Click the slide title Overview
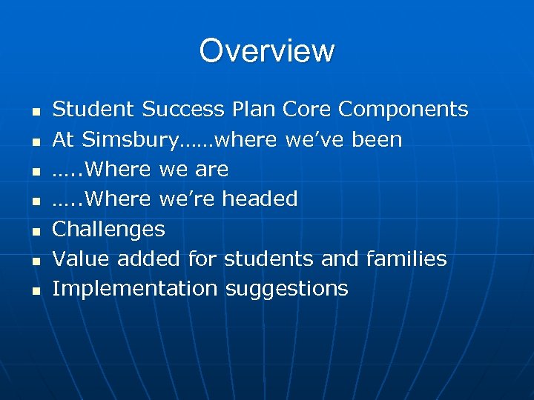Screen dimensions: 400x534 click(267, 51)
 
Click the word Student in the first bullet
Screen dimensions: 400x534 click(94, 110)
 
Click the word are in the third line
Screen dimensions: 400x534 click(211, 170)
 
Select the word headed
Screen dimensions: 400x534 click(260, 199)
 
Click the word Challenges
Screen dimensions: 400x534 click(108, 230)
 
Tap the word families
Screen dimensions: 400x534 click(406, 259)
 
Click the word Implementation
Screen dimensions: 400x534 click(135, 289)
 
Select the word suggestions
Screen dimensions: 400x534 click(286, 289)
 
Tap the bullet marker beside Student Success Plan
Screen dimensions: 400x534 click(36, 112)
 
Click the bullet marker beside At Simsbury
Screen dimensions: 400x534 click(36, 141)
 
